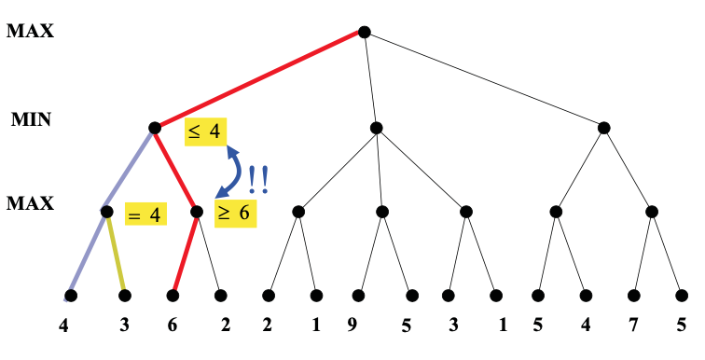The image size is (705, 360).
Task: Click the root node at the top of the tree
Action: coord(365,32)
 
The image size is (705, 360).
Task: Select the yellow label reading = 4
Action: coord(145,214)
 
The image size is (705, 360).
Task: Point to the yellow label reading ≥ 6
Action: coord(234,212)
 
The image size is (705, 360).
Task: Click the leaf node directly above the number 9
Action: coord(358,296)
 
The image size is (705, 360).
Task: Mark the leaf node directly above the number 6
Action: coord(173,296)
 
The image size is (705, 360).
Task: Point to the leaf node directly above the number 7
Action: coord(634,296)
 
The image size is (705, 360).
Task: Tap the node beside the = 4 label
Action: coord(107,213)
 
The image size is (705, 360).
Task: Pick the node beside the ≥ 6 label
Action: coord(197,212)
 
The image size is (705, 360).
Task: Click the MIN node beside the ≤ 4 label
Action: coord(155,127)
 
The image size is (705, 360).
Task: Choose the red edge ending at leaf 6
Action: coord(185,254)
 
